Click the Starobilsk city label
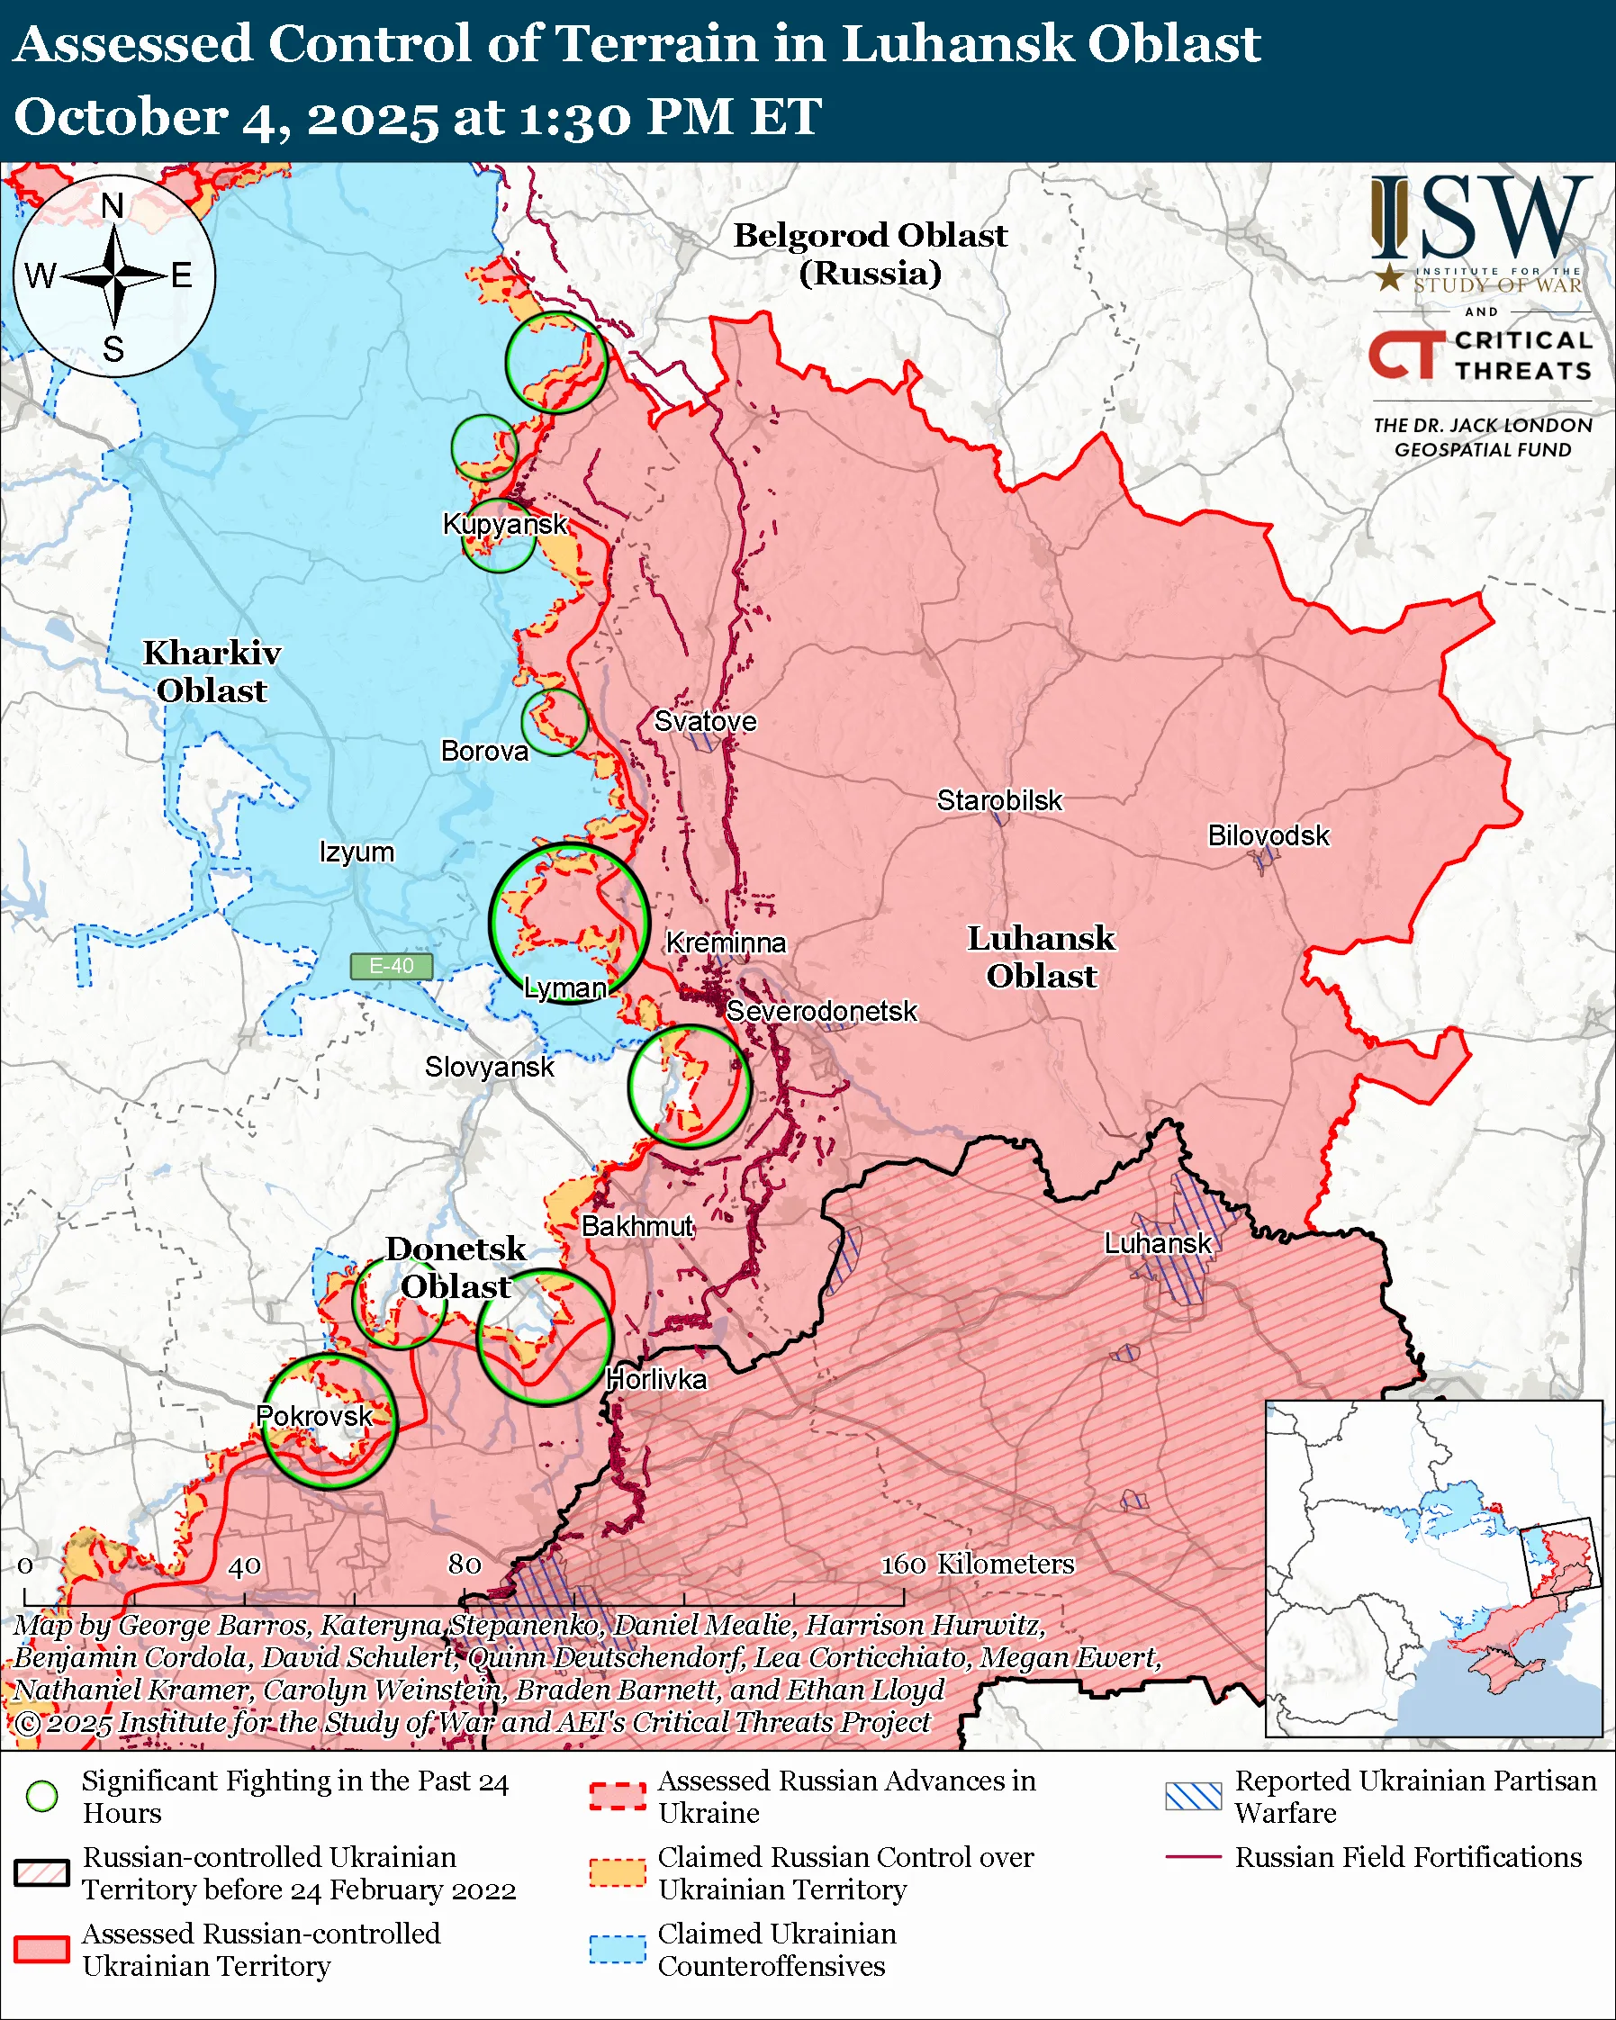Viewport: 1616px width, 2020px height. [x=999, y=800]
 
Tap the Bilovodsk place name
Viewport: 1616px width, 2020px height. [x=1268, y=834]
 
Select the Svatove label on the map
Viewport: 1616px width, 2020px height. [x=705, y=720]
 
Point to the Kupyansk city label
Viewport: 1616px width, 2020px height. [x=505, y=523]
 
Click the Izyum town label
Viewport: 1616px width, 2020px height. [x=356, y=852]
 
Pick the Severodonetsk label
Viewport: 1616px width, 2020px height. [x=822, y=1011]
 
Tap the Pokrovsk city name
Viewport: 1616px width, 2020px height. [x=315, y=1416]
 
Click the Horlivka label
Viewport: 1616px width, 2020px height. [x=655, y=1379]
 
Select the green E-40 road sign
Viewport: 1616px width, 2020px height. [x=391, y=966]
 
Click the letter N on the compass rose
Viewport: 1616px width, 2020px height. [x=113, y=205]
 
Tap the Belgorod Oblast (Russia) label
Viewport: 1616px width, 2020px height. [x=870, y=254]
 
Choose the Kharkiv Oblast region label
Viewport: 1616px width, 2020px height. [x=212, y=672]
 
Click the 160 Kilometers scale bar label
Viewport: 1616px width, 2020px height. [x=977, y=1564]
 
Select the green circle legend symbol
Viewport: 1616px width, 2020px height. [x=41, y=1796]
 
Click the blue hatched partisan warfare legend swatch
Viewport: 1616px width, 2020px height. [x=1194, y=1796]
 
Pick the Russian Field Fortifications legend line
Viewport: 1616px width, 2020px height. [x=1194, y=1856]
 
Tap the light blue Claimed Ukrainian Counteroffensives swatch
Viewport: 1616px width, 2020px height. [x=618, y=1949]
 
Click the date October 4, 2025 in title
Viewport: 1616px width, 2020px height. [x=225, y=118]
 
